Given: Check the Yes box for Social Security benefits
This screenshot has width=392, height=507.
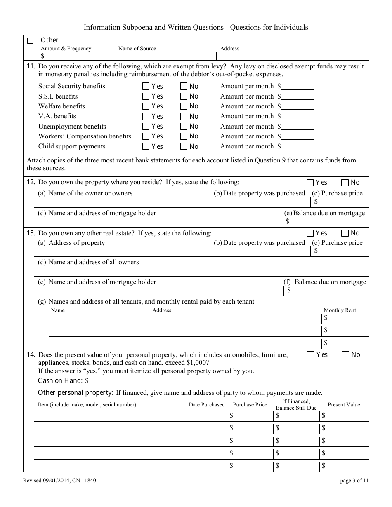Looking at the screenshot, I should coord(146,87).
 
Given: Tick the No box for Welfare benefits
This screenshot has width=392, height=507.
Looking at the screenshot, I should coord(184,106).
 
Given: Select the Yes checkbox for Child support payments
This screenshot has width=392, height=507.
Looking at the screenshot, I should coord(146,146).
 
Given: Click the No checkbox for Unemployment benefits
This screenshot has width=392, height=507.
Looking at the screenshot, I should coord(184,127).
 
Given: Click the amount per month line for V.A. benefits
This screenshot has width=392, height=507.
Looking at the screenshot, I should coord(298,117).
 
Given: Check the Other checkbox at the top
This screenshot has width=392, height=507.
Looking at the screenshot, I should coord(30,40).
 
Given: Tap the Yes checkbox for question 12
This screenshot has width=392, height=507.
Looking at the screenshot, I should coord(310,183).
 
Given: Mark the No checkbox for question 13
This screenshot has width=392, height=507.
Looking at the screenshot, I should coord(345,233).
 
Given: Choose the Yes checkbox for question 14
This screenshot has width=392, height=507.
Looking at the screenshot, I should coord(310,355).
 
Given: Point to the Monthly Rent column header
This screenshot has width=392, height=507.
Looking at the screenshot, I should coord(340,310).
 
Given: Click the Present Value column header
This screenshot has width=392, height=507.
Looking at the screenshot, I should coord(344,405).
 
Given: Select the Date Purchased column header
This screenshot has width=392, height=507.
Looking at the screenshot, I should coord(207,405).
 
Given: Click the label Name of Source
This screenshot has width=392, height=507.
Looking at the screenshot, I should coord(137,49).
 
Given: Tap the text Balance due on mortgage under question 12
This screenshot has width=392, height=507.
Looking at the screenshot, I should coord(329,214).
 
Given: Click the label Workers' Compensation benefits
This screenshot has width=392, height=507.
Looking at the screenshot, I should coord(85,136).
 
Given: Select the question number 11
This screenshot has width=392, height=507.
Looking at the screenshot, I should coord(31,66).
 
